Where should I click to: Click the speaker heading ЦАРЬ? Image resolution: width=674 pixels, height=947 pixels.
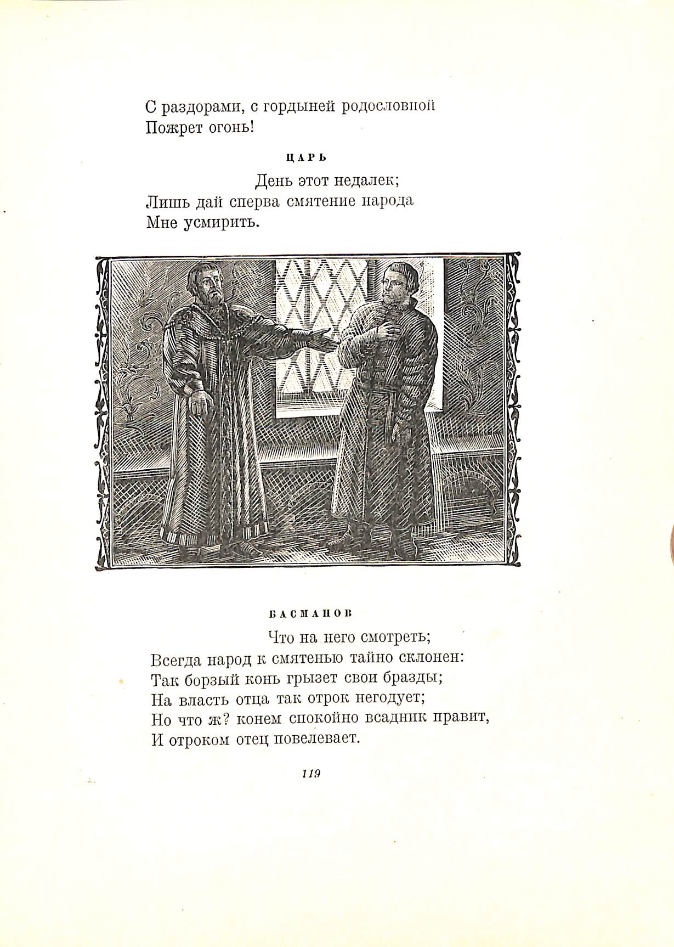pos(307,158)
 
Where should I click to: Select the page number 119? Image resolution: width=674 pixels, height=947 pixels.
pos(311,774)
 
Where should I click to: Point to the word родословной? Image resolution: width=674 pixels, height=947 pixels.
pos(388,106)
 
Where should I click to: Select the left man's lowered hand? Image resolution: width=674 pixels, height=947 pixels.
pos(200,402)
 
